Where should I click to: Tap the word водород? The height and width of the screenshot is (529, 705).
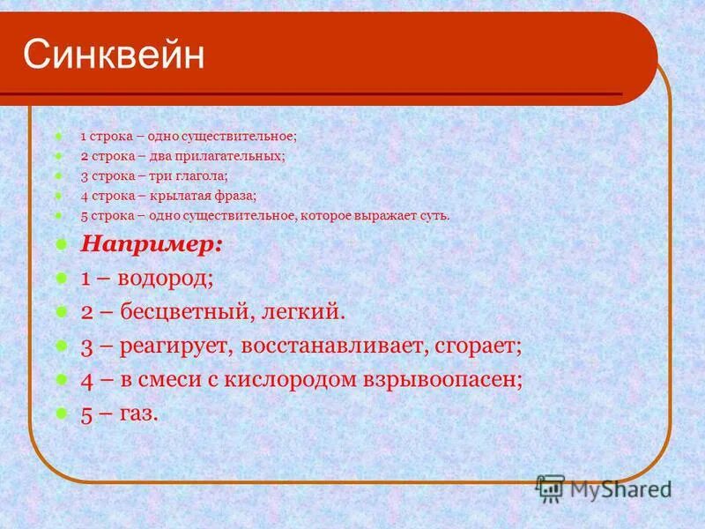pyautogui.click(x=167, y=279)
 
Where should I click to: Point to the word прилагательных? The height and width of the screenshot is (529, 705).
pyautogui.click(x=241, y=155)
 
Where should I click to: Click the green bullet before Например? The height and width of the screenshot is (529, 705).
pyautogui.click(x=59, y=244)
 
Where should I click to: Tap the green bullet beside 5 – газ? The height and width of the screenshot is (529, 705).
pyautogui.click(x=59, y=412)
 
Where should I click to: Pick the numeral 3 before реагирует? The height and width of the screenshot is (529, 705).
pyautogui.click(x=86, y=346)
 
